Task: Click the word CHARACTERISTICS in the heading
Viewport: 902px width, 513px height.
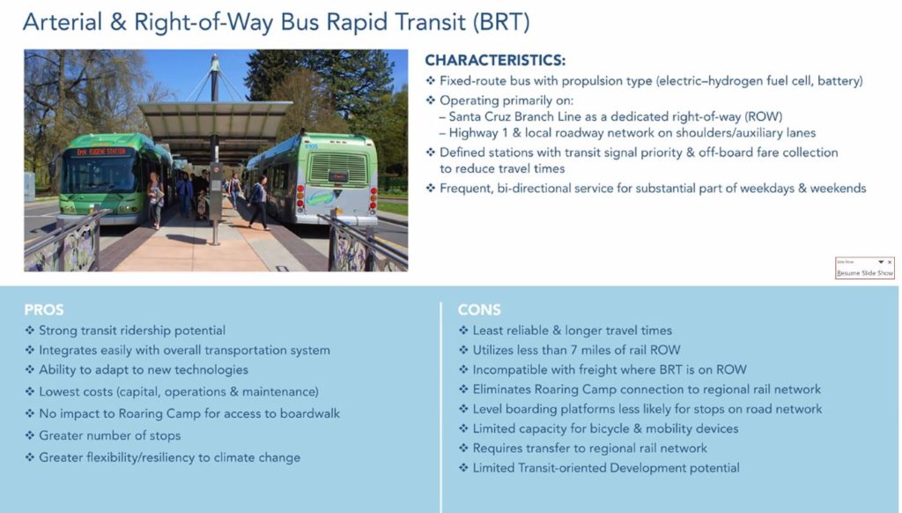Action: [x=494, y=61]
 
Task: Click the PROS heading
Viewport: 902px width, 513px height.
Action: [x=44, y=309]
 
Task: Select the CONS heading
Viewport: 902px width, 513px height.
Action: [x=479, y=309]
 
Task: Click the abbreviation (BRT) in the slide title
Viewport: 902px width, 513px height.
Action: [x=500, y=22]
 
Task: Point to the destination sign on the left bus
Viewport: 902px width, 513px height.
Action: [x=101, y=152]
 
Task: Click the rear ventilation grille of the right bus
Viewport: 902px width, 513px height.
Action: [x=337, y=169]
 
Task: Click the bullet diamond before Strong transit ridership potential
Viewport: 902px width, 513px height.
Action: [x=30, y=331]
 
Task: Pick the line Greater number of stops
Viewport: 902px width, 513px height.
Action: [x=110, y=435]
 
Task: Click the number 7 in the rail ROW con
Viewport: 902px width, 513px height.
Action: [x=573, y=350]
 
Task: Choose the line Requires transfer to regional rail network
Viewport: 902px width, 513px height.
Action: [x=589, y=448]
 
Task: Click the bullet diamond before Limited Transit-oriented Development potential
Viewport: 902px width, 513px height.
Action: [x=463, y=467]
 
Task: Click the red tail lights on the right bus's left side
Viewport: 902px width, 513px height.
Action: [x=300, y=197]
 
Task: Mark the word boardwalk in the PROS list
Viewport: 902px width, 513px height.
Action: [x=310, y=413]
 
